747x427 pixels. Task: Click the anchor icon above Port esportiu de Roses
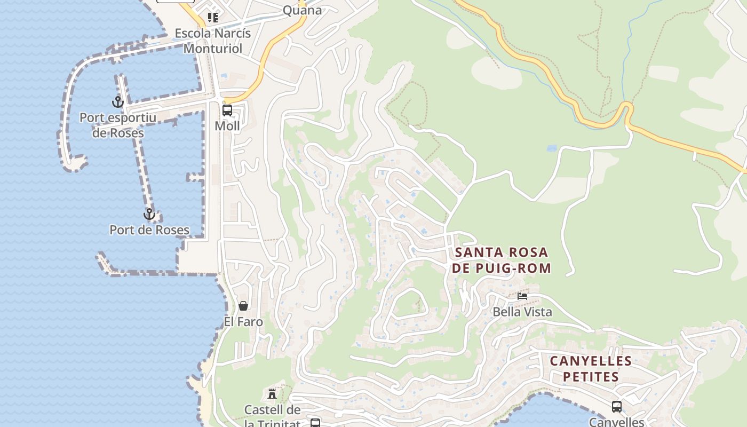click(117, 101)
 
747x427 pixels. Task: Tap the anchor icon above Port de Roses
click(149, 214)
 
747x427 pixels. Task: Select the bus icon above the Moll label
click(227, 110)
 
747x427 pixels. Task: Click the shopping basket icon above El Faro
click(243, 306)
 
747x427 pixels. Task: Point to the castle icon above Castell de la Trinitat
click(272, 394)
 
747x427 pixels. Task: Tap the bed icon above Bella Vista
click(522, 296)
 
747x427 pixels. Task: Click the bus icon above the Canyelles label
click(617, 407)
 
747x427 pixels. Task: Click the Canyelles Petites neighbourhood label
click(591, 369)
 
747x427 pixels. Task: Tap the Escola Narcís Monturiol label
click(213, 41)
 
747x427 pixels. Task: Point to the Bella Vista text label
click(522, 312)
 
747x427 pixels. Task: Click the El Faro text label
click(243, 322)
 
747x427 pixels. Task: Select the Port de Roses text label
click(149, 230)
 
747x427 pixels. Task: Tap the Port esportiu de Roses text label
click(118, 125)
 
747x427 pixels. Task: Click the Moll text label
click(227, 126)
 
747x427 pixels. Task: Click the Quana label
click(302, 10)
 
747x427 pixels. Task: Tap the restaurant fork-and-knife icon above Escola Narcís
click(213, 18)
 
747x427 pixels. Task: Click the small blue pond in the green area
click(552, 148)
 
